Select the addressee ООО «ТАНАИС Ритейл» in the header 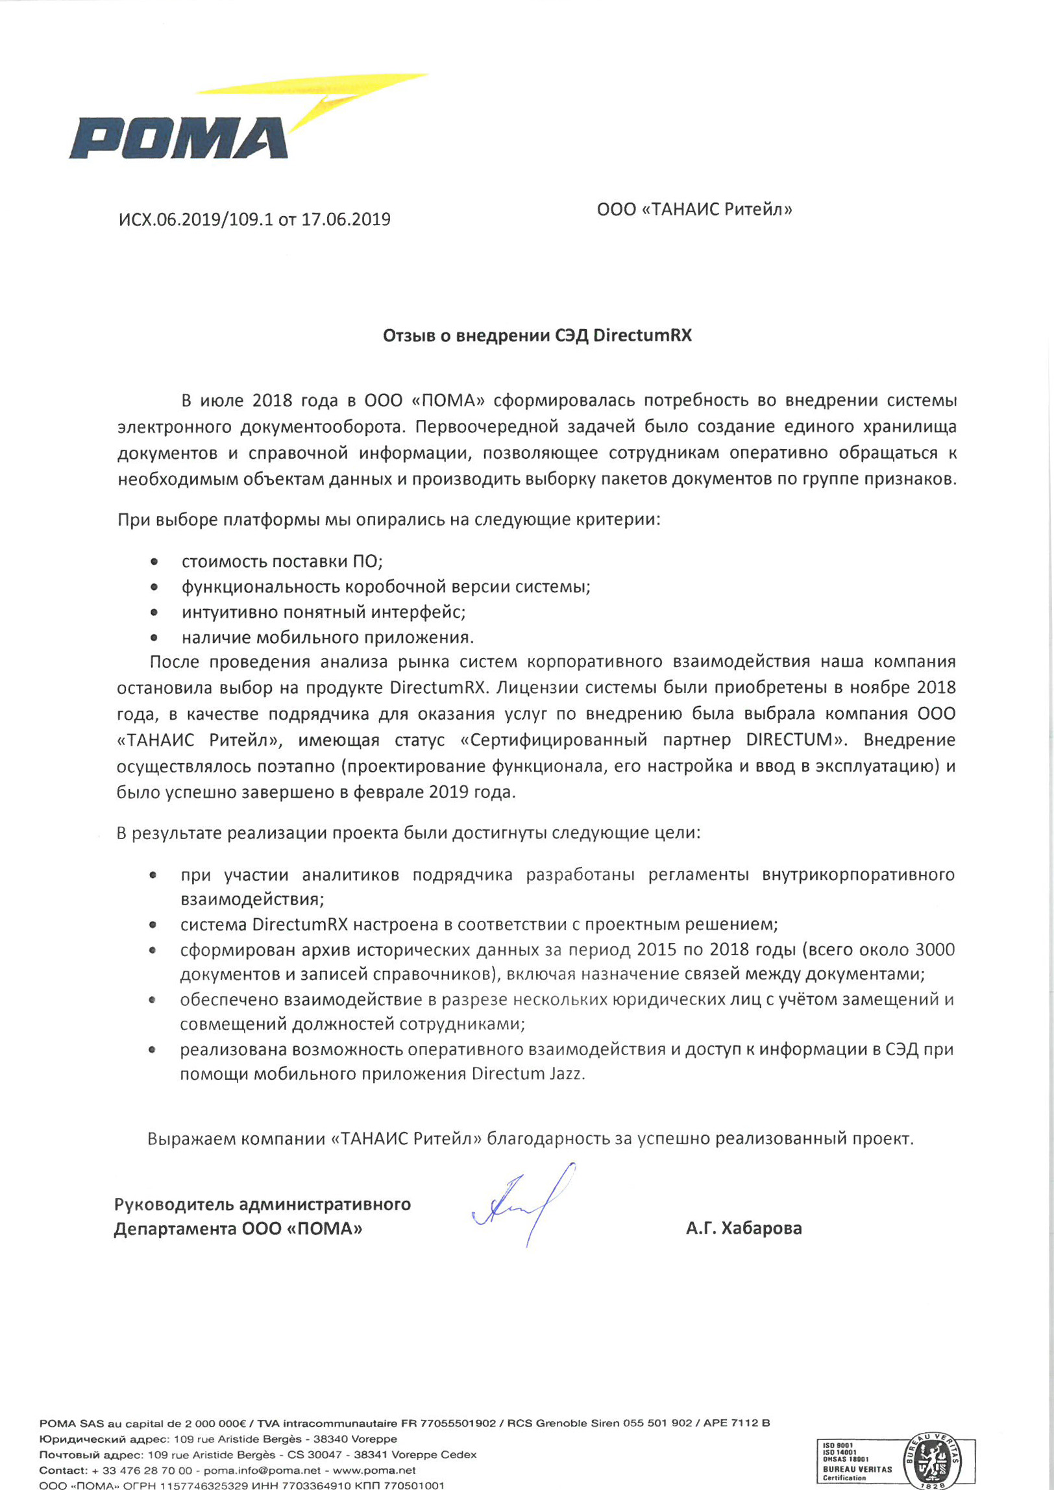[x=694, y=210]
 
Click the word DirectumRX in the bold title [x=642, y=336]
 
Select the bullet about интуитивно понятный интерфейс [x=323, y=612]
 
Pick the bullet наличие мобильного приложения [x=327, y=637]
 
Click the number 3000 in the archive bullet [x=935, y=949]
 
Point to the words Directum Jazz [x=527, y=1074]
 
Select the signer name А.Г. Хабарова [x=744, y=1228]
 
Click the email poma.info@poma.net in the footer [x=262, y=1471]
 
